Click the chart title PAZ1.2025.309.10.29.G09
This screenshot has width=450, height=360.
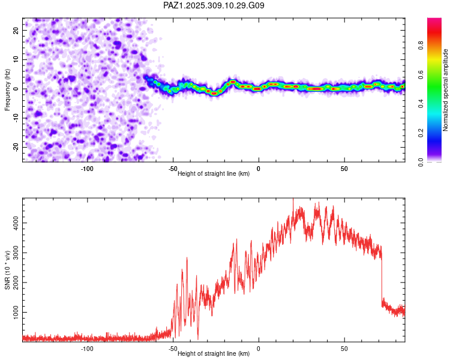point(214,5)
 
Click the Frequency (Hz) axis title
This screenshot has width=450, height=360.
point(7,89)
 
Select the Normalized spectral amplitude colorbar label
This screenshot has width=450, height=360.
point(446,90)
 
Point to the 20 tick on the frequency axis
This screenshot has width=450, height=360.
point(16,30)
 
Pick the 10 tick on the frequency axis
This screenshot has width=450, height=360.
point(16,59)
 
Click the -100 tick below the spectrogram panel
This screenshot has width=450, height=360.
point(87,169)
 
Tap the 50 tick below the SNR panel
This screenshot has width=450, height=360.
point(344,349)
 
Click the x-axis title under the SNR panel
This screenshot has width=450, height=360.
point(214,354)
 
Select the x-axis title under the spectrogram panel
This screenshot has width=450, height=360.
point(214,173)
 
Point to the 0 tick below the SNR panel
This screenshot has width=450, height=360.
point(259,349)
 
